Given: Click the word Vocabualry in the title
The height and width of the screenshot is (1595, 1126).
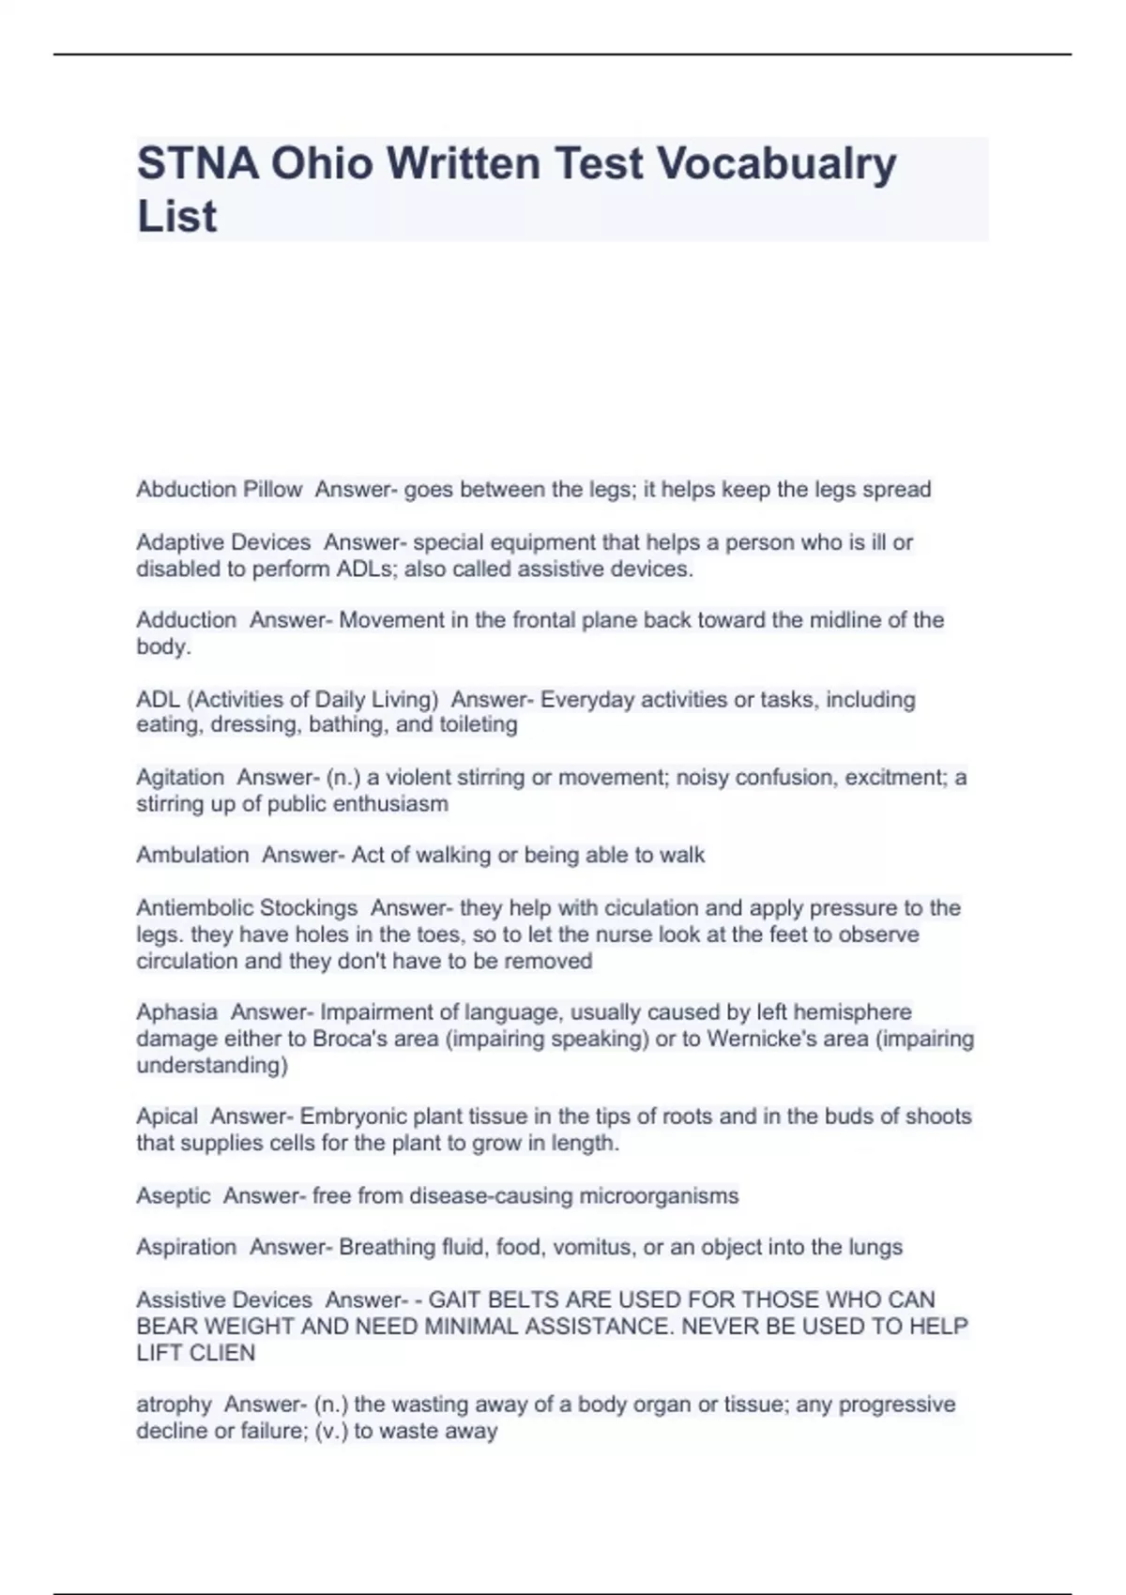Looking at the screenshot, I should pyautogui.click(x=777, y=164).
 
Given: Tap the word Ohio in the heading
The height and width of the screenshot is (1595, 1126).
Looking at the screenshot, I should pyautogui.click(x=324, y=164).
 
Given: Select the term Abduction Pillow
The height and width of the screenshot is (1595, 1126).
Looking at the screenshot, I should pyautogui.click(x=219, y=490).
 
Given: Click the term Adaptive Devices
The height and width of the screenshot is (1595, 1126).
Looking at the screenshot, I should pyautogui.click(x=223, y=542).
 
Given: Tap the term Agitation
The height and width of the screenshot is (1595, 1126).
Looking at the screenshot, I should pyautogui.click(x=180, y=778).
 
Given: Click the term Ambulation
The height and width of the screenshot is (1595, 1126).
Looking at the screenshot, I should pyautogui.click(x=192, y=856).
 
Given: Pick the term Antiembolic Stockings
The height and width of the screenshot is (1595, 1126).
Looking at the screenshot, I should pyautogui.click(x=247, y=908).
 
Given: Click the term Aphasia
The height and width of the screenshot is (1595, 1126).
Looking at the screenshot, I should pyautogui.click(x=176, y=1012).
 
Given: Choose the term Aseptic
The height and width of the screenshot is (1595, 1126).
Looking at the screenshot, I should pyautogui.click(x=174, y=1196).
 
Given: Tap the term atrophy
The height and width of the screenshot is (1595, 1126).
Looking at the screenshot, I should pyautogui.click(x=174, y=1405).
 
